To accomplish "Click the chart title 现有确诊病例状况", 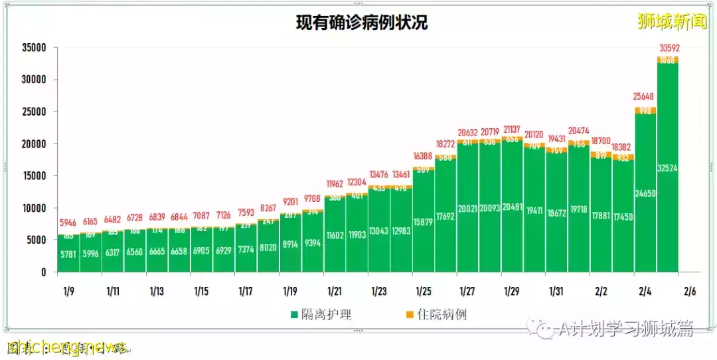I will point(362,23).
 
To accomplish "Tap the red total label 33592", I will point(669,48).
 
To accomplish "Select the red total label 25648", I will point(645,97).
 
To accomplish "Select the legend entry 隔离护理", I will point(321,314).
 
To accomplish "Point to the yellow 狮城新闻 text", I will point(672,22).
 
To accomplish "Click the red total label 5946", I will point(68,223).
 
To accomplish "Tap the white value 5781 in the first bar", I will point(68,254).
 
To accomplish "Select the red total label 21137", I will point(512,128).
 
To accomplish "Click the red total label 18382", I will point(623,146).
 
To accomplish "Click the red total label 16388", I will point(423,155).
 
